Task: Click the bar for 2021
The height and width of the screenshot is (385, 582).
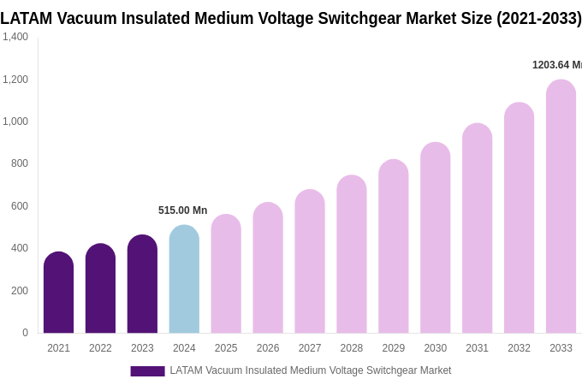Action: [58, 293]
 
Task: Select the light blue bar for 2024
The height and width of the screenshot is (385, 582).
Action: [184, 280]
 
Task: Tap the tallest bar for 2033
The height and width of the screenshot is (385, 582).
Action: [561, 207]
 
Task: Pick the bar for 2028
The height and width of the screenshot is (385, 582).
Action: [351, 255]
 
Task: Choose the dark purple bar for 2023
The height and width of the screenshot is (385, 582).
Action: [142, 284]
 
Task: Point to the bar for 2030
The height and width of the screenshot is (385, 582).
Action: [435, 238]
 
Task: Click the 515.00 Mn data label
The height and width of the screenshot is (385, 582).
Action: [182, 210]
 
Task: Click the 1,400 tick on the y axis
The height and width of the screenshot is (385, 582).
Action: [15, 37]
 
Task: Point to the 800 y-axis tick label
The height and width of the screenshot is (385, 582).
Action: [19, 163]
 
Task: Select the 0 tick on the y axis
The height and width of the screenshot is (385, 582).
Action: [25, 333]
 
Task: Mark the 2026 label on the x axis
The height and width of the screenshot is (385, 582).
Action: [268, 348]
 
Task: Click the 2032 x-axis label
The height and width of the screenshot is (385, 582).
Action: [519, 348]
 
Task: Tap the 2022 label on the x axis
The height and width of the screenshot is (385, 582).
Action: [100, 348]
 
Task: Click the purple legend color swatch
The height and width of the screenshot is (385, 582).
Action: [147, 371]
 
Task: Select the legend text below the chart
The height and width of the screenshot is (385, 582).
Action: [310, 370]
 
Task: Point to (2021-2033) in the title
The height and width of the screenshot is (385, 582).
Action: [538, 18]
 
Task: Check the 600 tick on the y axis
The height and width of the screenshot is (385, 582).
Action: [19, 206]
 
